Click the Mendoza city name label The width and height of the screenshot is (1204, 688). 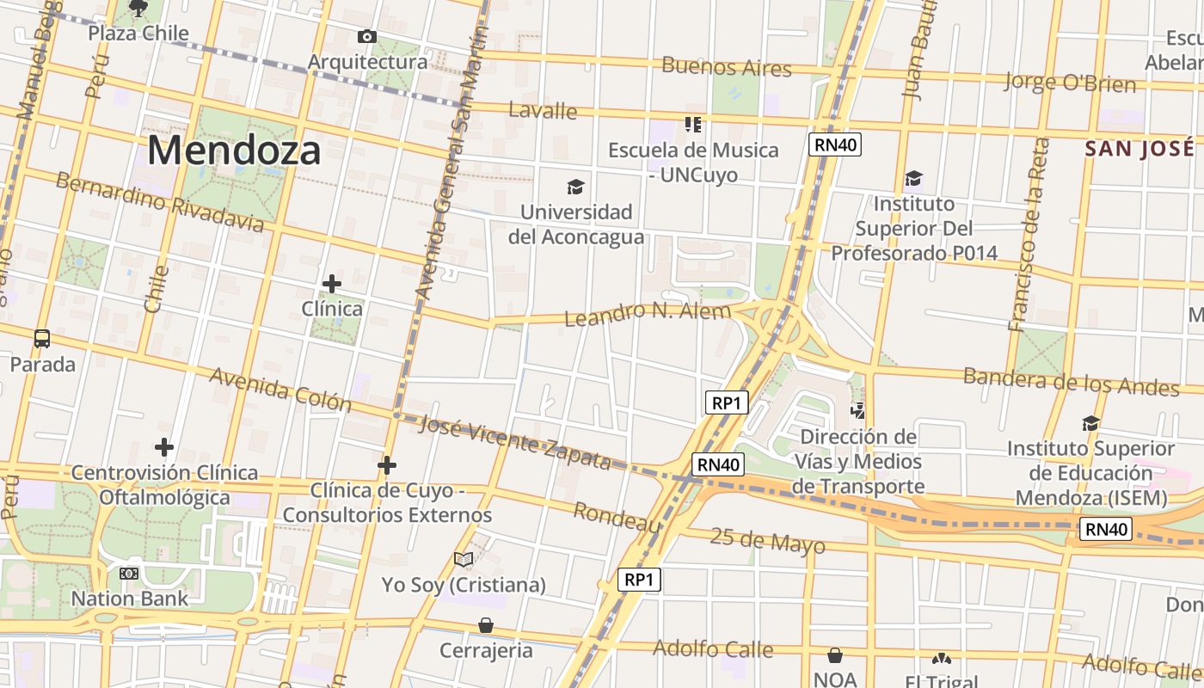[x=234, y=151]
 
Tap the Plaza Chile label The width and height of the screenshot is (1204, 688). [x=138, y=34]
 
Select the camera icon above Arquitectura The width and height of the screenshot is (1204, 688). [x=366, y=36]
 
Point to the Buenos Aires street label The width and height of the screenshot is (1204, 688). [x=726, y=66]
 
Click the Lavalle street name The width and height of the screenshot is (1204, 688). [x=543, y=110]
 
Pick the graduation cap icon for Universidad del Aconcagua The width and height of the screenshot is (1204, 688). [x=575, y=187]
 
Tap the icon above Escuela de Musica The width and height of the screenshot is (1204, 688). [x=693, y=125]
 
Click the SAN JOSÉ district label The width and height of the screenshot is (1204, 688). [x=1140, y=149]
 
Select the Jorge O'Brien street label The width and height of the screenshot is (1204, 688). [x=1070, y=83]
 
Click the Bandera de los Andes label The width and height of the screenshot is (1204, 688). [x=1072, y=381]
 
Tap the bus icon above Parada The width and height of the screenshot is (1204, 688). [x=42, y=338]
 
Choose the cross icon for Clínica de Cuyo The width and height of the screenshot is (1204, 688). [x=387, y=466]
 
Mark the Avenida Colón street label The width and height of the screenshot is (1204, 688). [x=280, y=390]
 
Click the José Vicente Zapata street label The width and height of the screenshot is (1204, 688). [x=514, y=441]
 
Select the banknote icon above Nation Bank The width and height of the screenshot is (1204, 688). [x=129, y=574]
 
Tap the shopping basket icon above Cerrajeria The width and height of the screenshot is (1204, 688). [x=486, y=625]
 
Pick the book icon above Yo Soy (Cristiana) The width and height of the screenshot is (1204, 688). [x=464, y=560]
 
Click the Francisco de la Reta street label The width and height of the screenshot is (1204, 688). [x=1029, y=234]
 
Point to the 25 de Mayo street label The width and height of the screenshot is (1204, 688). [x=767, y=542]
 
